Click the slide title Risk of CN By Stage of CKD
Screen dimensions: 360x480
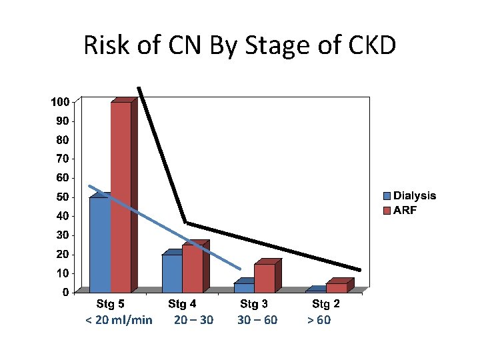240,45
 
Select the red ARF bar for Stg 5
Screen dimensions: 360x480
121,197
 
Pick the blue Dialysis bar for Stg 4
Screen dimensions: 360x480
171,273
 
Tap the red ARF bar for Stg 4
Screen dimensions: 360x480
193,268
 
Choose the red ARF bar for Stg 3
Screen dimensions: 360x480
264,278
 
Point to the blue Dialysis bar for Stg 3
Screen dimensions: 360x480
243,287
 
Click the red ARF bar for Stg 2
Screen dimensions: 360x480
336,287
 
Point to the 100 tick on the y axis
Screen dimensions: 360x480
60,102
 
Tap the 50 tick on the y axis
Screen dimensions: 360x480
63,197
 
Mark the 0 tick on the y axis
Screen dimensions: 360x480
65,292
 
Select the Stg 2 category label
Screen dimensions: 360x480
326,304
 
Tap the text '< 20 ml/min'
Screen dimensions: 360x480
119,320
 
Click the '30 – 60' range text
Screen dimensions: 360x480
257,320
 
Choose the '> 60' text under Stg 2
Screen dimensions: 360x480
319,320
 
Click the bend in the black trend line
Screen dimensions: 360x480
186,223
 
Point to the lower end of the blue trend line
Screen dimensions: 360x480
239,269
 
